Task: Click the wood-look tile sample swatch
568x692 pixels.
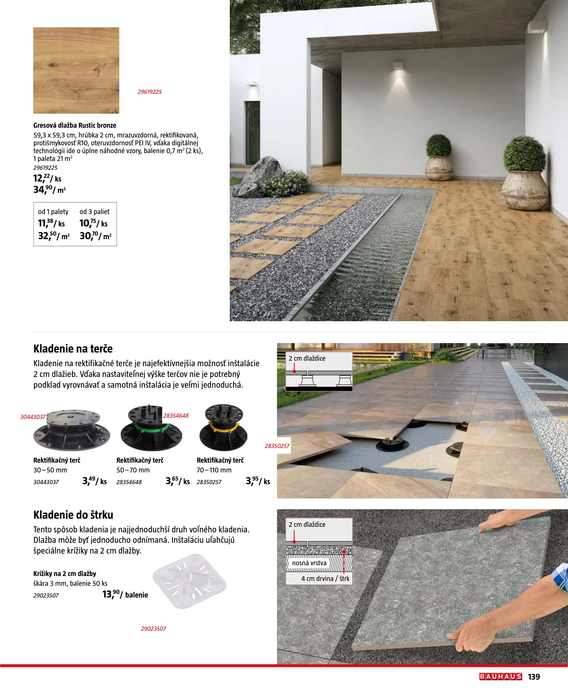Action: tap(76, 70)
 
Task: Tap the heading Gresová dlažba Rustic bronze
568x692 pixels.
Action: tap(75, 125)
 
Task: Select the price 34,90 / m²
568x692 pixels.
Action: tap(50, 190)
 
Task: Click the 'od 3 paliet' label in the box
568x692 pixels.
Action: tap(94, 211)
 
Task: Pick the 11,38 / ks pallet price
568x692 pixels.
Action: tap(51, 223)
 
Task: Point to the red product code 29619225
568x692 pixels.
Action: tap(150, 92)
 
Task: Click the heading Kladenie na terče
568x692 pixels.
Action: tap(73, 349)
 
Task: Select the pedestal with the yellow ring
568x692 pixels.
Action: tap(224, 428)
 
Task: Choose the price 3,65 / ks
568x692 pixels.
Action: tap(177, 481)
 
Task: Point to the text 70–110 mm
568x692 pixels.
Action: tap(214, 470)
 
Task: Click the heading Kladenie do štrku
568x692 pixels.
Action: tap(73, 515)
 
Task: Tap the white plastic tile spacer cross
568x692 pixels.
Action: tap(189, 581)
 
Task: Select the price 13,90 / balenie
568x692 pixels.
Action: tap(125, 595)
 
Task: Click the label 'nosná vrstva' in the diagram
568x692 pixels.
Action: tap(309, 563)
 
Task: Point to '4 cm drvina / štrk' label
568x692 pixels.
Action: tap(325, 579)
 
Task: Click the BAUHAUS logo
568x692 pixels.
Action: tap(500, 677)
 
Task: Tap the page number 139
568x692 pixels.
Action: tap(534, 677)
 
